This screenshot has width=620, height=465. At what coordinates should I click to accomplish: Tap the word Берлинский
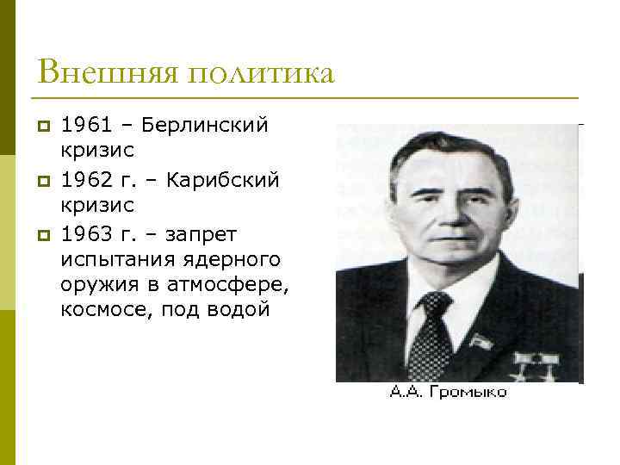click(205, 126)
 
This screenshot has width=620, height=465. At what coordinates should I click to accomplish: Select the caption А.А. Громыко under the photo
click(448, 393)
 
